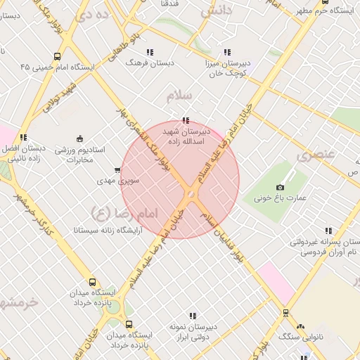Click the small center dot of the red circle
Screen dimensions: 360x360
[x=191, y=194]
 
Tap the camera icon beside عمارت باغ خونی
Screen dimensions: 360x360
[x=280, y=187]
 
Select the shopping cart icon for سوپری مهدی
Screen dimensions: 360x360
[x=117, y=170]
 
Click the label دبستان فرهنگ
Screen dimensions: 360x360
[x=149, y=63]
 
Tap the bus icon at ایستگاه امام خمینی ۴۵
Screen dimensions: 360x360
[x=57, y=56]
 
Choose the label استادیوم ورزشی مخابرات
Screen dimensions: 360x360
[x=79, y=155]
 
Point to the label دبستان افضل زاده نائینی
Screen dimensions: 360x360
[x=23, y=154]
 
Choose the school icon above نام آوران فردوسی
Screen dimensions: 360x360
[x=328, y=230]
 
